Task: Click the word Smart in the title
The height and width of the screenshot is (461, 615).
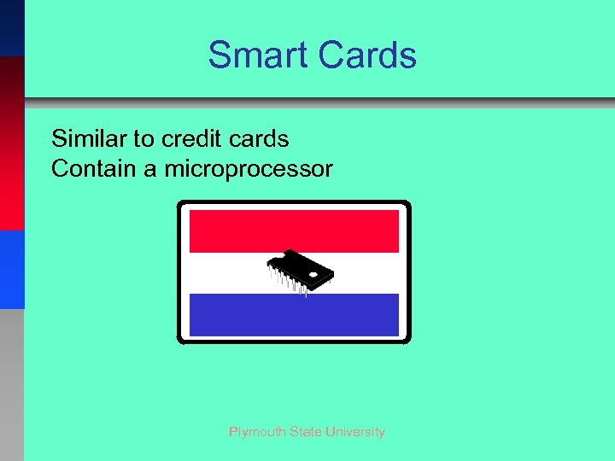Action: click(x=258, y=55)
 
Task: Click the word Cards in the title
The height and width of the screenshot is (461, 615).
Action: click(x=366, y=55)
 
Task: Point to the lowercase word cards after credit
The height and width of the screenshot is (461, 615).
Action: click(x=261, y=138)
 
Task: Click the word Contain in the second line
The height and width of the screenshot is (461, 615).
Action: click(x=94, y=169)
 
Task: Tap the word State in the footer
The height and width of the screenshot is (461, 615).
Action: click(x=305, y=432)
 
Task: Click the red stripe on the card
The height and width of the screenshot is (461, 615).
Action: click(x=294, y=230)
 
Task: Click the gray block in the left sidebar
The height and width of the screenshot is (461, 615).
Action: click(x=12, y=384)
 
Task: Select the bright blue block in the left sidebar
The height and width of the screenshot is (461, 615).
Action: click(x=12, y=269)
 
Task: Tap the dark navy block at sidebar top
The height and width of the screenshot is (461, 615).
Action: click(x=12, y=27)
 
